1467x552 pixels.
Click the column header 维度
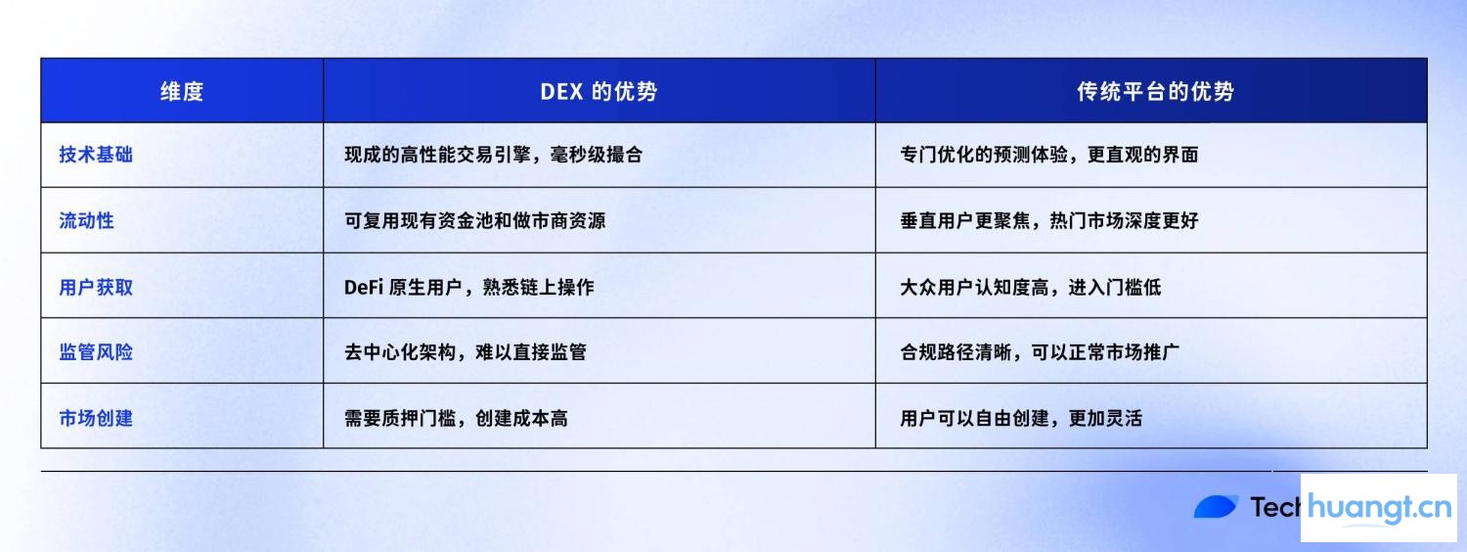182,92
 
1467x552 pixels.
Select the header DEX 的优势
599,92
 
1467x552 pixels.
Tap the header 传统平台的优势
1155,92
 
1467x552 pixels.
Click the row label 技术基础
96,155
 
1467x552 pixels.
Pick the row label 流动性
86,220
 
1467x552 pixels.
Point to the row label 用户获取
96,287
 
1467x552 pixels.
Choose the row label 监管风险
96,351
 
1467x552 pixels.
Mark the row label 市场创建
96,418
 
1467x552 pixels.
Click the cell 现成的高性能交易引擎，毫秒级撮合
493,155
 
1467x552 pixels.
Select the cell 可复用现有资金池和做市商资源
474,220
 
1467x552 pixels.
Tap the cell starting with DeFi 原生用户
468,287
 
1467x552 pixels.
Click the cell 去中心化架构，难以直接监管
466,351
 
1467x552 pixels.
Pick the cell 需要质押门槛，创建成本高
456,418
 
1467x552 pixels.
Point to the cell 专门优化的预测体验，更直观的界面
1048,155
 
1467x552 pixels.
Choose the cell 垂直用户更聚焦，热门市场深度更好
1048,220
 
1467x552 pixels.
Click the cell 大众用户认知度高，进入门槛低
1030,287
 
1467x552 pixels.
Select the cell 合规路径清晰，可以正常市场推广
1040,351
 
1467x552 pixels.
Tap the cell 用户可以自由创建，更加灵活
1020,418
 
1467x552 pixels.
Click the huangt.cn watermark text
1379,507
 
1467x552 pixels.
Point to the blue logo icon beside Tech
1217,507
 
